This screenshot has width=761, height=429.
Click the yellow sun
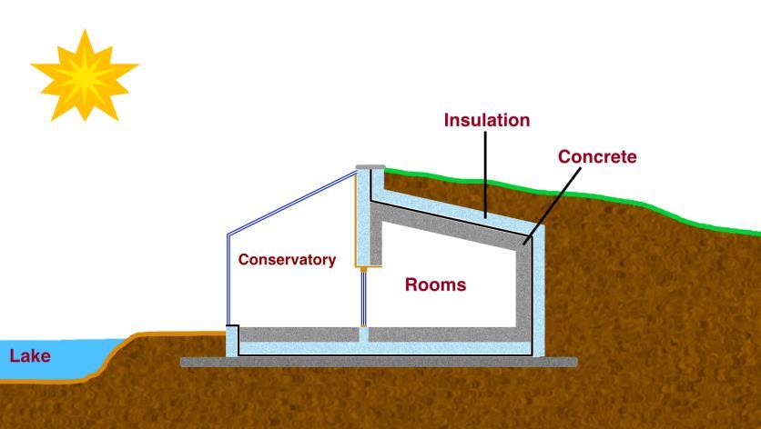tap(84, 75)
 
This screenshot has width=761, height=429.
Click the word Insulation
tap(486, 120)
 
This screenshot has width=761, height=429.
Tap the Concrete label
tap(596, 156)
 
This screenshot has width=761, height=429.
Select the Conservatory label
tap(287, 260)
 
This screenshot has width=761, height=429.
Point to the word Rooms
tap(435, 284)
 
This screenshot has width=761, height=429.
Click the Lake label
tap(30, 356)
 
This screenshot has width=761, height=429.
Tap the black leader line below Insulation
tap(485, 173)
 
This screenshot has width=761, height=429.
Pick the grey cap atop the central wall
tap(370, 168)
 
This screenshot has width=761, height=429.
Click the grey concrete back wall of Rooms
tap(523, 286)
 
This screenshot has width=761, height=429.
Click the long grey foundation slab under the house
tap(378, 362)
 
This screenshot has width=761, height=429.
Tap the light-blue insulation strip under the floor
tap(382, 348)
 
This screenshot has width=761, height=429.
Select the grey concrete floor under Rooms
tap(446, 334)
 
